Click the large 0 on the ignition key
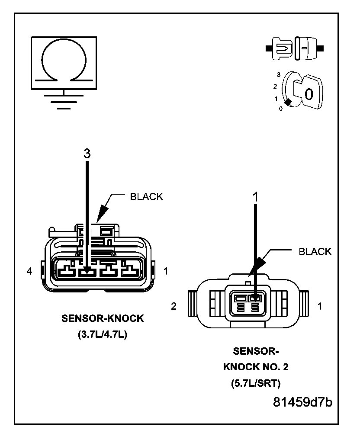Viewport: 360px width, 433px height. tap(309, 93)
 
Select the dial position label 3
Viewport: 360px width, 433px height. tap(280, 75)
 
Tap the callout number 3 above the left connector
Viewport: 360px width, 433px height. tap(87, 154)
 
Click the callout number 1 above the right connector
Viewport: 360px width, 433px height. tap(255, 197)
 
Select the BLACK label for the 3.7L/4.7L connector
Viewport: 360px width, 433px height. tap(147, 197)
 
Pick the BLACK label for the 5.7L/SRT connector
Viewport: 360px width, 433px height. tap(315, 252)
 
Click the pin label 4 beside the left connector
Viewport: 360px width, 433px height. tap(29, 272)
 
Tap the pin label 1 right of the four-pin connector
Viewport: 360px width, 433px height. tap(166, 272)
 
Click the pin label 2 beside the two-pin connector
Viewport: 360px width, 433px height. tap(174, 306)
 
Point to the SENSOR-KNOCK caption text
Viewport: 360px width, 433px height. tap(102, 319)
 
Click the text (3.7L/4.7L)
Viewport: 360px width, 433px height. tap(102, 335)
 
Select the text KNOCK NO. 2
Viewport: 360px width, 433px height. tap(256, 367)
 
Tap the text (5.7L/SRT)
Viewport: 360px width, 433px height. tap(256, 383)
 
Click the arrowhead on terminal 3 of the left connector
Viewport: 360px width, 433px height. tap(88, 272)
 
